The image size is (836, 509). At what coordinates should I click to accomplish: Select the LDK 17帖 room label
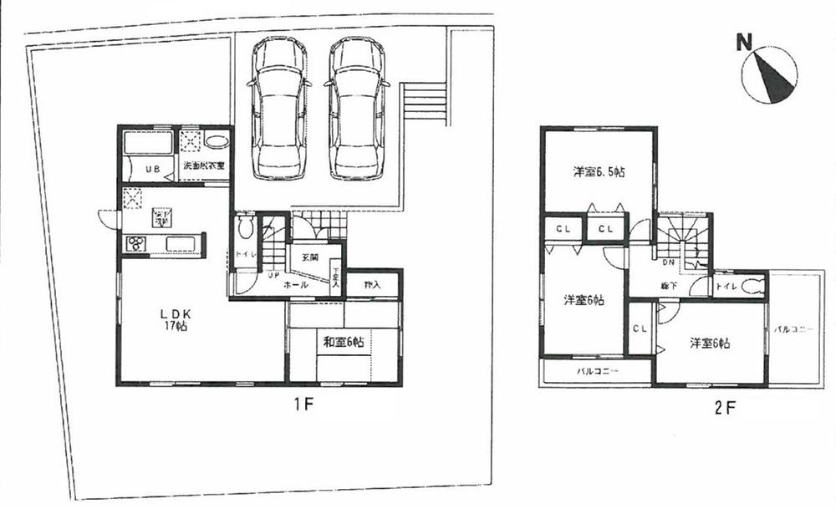(x=177, y=319)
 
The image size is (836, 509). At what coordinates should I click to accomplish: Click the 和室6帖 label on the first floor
(x=343, y=341)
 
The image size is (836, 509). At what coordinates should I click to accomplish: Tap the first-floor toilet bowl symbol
(x=243, y=228)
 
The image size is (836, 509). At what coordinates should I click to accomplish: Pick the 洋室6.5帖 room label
(x=600, y=172)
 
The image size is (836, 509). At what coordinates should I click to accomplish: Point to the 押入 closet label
(x=372, y=285)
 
